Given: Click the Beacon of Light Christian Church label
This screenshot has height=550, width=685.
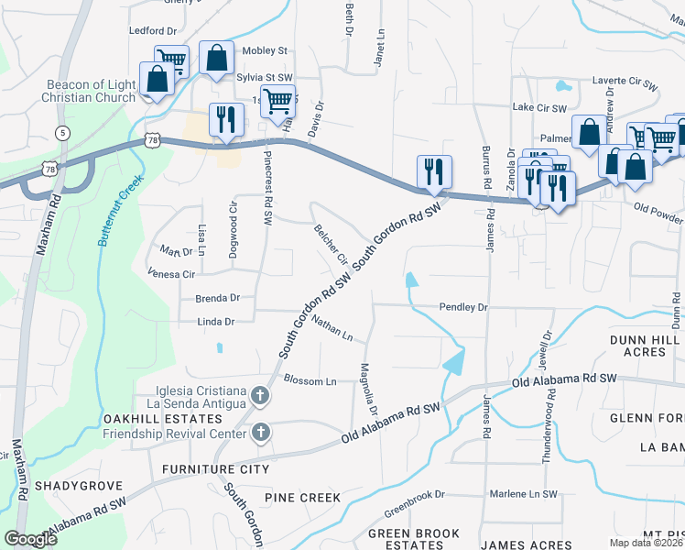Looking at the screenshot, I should point(91,92).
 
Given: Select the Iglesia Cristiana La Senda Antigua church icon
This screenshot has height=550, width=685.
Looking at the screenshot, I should point(260,397).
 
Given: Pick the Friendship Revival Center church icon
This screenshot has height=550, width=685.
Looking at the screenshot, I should point(260,432).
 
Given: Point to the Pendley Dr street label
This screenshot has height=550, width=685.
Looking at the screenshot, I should point(463,308).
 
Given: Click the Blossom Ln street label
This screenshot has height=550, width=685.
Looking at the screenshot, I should point(310,380).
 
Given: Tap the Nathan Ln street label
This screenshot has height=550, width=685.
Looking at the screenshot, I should point(332,328).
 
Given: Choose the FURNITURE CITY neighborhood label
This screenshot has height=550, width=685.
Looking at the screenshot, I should point(215,469).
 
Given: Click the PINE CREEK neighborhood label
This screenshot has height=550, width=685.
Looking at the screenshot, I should point(302,498).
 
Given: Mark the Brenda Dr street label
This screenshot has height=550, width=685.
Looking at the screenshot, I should point(217,298).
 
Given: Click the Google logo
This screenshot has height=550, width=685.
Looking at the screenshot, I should point(30,539).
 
